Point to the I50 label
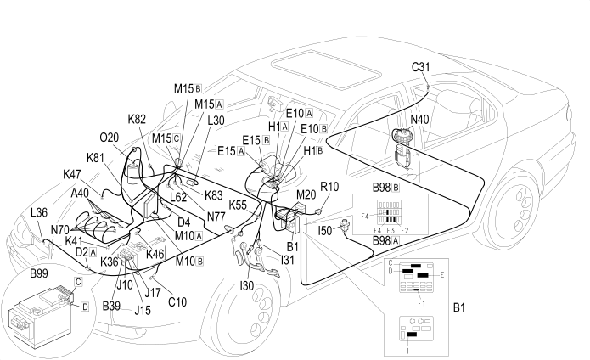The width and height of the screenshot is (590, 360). click(x=324, y=230)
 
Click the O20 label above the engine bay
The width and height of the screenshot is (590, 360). click(x=110, y=137)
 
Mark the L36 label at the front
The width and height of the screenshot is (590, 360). click(x=39, y=212)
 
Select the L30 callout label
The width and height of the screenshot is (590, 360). click(x=216, y=121)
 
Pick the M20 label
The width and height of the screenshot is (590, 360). click(x=306, y=195)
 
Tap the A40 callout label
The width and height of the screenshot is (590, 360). click(x=81, y=193)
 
